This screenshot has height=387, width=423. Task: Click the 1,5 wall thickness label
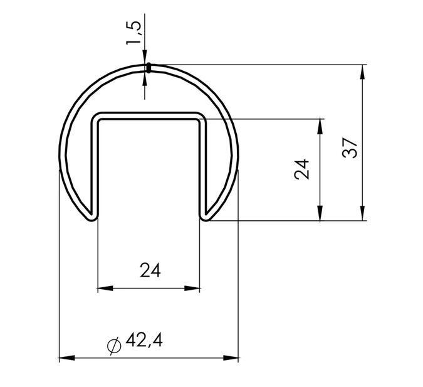(133, 33)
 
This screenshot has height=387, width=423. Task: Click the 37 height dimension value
(350, 148)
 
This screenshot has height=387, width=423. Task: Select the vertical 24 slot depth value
(301, 169)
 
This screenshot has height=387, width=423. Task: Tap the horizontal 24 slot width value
(150, 270)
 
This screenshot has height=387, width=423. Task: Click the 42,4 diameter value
(144, 340)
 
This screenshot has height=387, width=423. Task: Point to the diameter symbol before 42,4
(114, 346)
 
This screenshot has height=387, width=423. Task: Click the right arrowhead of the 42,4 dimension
(231, 358)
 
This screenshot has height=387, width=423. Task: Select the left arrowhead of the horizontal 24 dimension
(105, 289)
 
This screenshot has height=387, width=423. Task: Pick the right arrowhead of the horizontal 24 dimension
(192, 289)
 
